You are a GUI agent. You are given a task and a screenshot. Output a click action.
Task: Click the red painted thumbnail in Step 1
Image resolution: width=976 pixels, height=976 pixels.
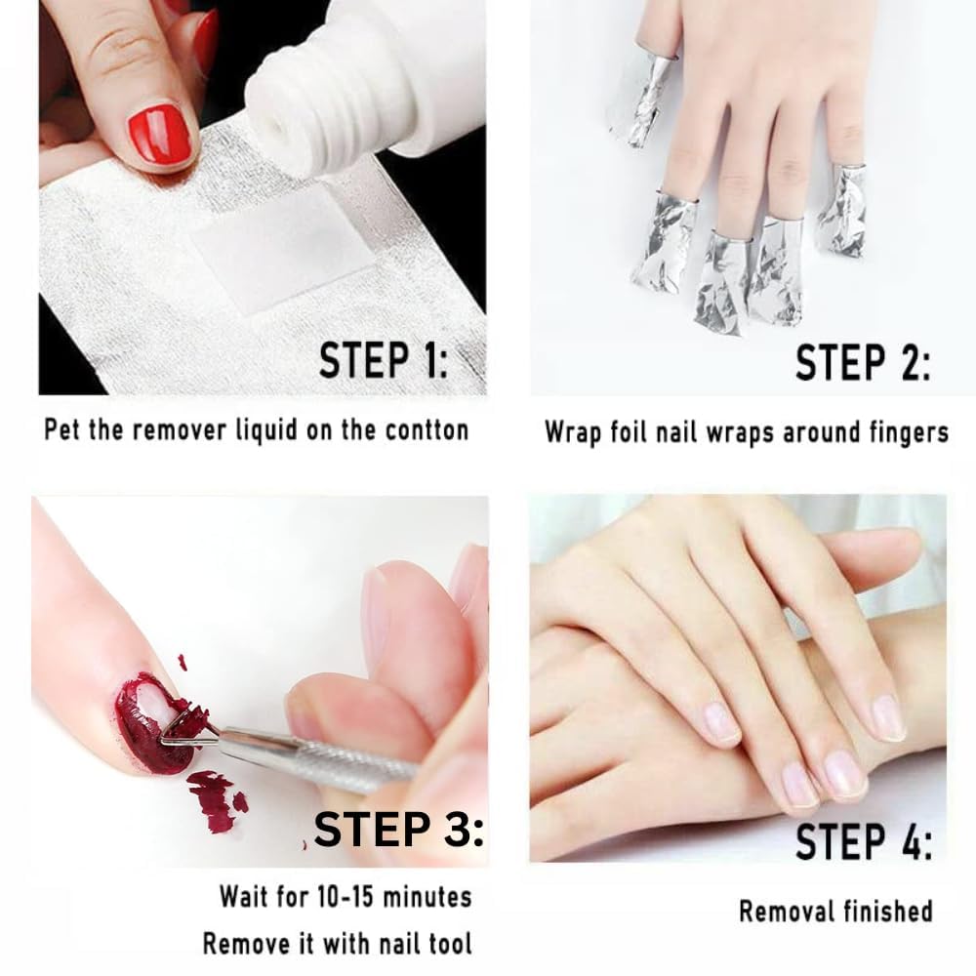(159, 134)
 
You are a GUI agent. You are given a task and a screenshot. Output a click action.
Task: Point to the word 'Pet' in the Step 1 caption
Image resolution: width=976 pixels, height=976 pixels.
(62, 429)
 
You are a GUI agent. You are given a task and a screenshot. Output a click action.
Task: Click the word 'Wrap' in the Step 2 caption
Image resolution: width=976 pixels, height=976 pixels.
(574, 431)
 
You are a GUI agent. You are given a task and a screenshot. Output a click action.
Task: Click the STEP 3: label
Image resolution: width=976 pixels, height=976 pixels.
(398, 831)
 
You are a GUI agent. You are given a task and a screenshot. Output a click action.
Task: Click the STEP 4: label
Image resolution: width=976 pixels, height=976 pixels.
(863, 841)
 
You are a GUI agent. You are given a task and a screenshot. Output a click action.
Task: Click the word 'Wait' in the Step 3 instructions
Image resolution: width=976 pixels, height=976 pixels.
(242, 896)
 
